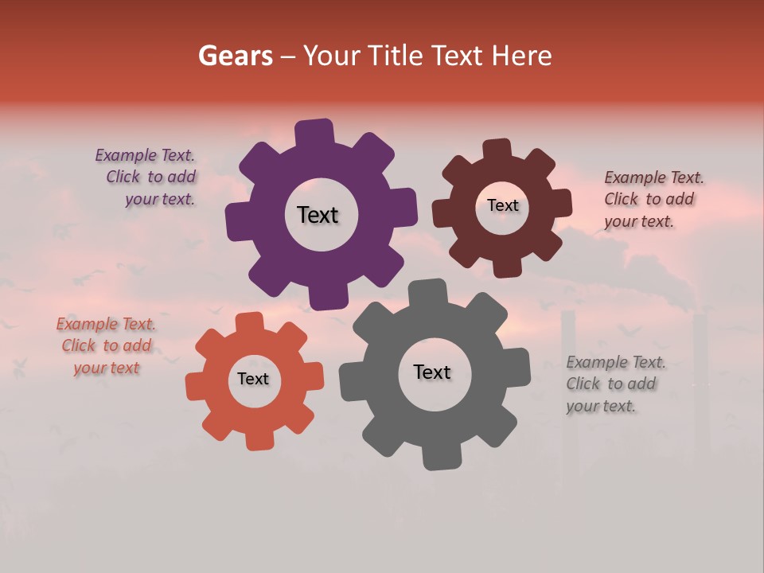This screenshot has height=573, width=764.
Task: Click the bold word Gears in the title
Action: pos(235,56)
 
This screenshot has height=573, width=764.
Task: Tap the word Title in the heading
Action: pos(396,56)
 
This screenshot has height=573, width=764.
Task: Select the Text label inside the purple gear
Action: pos(318,215)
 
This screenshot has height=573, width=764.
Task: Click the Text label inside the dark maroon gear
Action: pos(502,205)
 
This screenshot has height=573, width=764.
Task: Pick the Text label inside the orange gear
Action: pos(253,379)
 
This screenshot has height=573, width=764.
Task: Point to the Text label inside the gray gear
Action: pos(431,372)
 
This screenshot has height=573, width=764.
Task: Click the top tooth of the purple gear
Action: pos(314,132)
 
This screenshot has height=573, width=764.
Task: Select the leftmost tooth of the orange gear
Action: pos(196,388)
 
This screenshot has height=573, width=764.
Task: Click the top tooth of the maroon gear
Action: pos(497,149)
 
